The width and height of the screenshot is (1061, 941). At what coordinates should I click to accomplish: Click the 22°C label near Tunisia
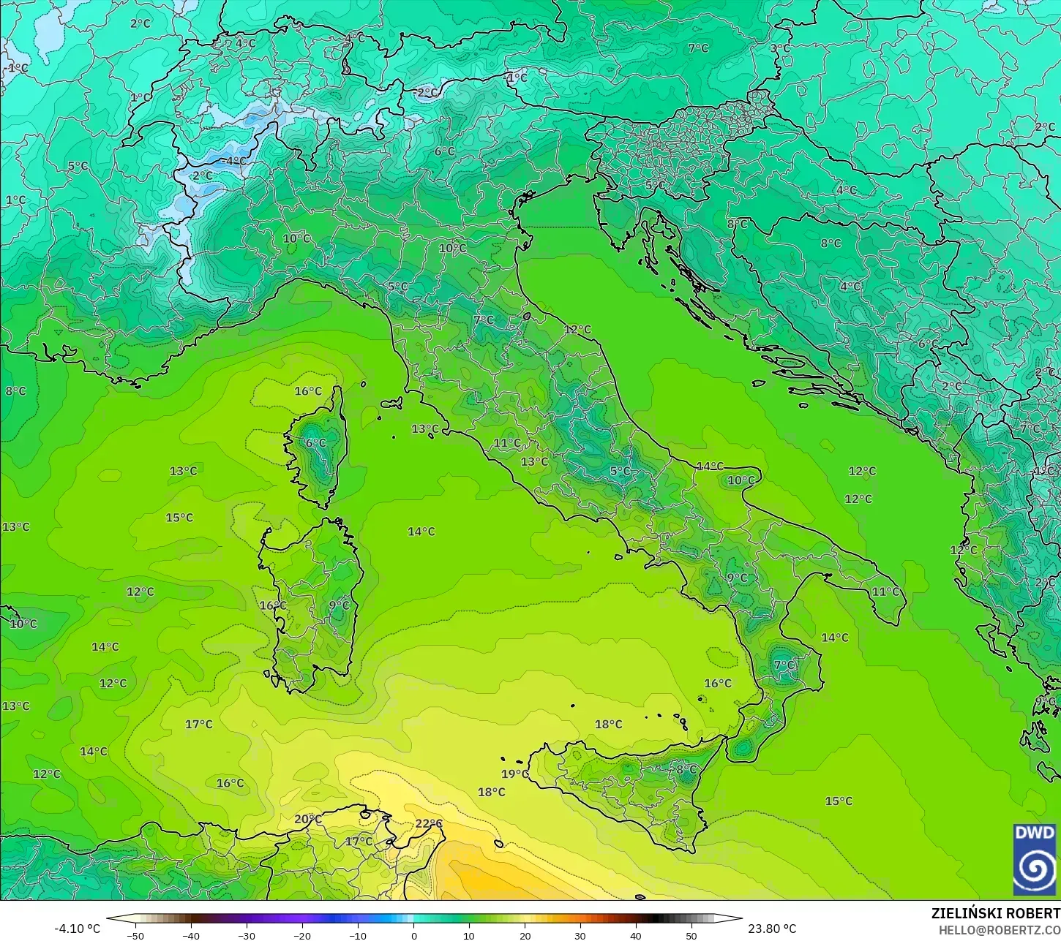pos(429,823)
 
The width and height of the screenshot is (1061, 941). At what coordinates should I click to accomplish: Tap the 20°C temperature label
pos(307,819)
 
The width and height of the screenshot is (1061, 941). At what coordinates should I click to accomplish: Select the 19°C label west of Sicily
pos(514,774)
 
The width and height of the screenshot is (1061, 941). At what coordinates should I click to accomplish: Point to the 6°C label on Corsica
pos(316,443)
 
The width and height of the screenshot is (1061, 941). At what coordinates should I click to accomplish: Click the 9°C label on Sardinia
pos(339,605)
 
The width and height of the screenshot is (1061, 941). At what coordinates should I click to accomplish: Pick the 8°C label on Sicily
pos(686,769)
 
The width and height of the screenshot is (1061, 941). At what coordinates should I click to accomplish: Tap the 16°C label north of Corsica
pos(308,391)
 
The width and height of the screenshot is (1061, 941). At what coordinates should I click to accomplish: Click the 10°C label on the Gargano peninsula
pos(741,480)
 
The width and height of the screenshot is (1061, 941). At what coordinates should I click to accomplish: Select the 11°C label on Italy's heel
pos(885,592)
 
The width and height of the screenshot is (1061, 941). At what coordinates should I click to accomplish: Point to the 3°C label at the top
pos(780,48)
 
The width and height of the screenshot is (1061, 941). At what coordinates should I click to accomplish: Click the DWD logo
pos(1035,860)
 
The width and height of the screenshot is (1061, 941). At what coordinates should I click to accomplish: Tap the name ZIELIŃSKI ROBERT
pos(995,913)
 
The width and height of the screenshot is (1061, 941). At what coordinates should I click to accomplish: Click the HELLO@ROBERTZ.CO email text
pos(1000,929)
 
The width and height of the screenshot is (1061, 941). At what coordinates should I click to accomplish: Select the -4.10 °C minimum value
pos(78,929)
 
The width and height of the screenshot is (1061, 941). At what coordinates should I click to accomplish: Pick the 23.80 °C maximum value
pos(772,929)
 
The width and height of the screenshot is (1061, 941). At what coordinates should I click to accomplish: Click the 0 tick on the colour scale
pos(413,935)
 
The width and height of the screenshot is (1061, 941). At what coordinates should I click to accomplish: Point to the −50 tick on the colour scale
pos(135,935)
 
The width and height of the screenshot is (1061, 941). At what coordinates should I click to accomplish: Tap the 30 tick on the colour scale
pos(580,935)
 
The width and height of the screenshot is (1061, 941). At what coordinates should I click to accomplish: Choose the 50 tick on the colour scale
pos(691,935)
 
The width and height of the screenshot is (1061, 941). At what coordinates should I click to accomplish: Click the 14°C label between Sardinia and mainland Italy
pos(421,532)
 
